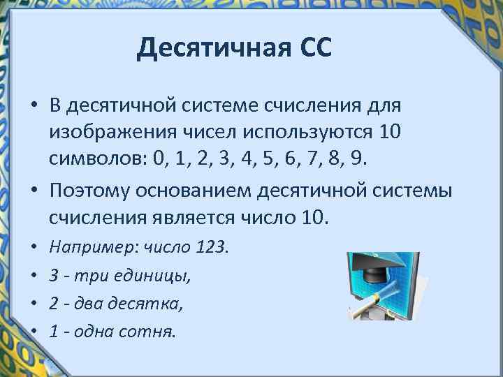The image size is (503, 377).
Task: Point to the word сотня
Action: click(153, 332)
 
